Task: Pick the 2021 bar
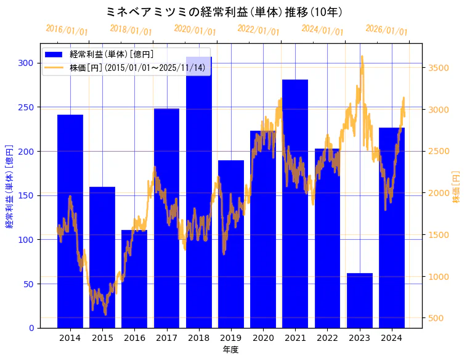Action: [295, 203]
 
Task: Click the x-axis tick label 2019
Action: [231, 338]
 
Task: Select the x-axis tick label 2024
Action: [392, 338]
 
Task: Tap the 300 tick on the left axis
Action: [26, 63]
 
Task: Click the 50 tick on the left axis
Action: [28, 284]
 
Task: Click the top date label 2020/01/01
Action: [195, 30]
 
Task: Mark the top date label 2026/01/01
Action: [386, 30]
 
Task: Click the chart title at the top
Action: [224, 12]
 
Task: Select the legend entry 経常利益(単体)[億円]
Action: [112, 54]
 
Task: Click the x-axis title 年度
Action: [230, 350]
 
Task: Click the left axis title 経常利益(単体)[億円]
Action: [9, 186]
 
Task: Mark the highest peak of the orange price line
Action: [362, 56]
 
